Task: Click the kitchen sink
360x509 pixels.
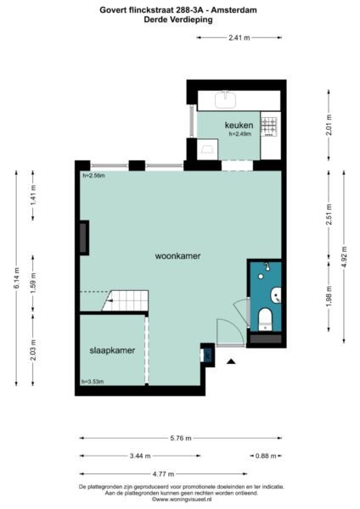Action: (226, 99)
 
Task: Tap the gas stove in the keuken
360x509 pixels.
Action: (269, 126)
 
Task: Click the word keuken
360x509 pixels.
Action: (239, 125)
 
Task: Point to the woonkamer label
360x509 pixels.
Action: (177, 255)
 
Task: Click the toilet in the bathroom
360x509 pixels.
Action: (264, 319)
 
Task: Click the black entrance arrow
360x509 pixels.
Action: (230, 361)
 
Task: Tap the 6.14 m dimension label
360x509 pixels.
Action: (16, 278)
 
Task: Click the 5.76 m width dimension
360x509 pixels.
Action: (179, 439)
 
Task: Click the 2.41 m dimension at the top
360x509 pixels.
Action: (239, 38)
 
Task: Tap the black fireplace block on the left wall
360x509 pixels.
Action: (84, 237)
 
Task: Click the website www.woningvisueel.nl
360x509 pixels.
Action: (181, 500)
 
